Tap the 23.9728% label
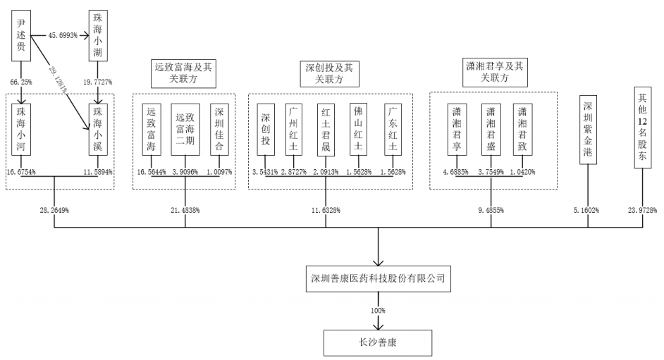click(x=641, y=210)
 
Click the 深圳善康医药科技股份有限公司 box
click(x=379, y=278)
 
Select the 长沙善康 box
click(x=379, y=342)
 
